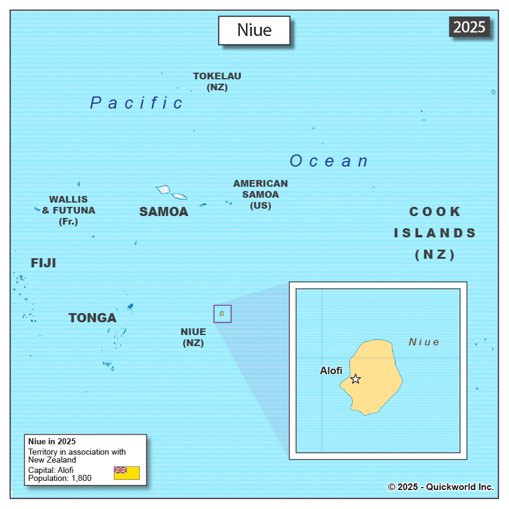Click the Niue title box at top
(x=254, y=31)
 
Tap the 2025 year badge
(x=469, y=27)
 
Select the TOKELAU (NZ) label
(x=217, y=82)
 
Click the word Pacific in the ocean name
(x=136, y=103)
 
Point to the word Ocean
(x=329, y=161)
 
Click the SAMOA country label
(x=164, y=212)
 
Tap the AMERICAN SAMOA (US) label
(x=261, y=194)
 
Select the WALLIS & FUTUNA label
(x=68, y=210)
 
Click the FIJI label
(x=43, y=263)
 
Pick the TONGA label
(x=92, y=318)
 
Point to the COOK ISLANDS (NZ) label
(x=435, y=233)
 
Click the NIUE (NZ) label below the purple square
(x=193, y=337)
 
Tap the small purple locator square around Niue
(x=222, y=314)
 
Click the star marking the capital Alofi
(x=355, y=379)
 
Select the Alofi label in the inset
(x=331, y=370)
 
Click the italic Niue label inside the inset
(x=424, y=342)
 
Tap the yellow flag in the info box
(x=126, y=472)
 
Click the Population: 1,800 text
(x=60, y=478)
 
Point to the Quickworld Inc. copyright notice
(x=441, y=486)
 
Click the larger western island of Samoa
(x=163, y=190)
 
